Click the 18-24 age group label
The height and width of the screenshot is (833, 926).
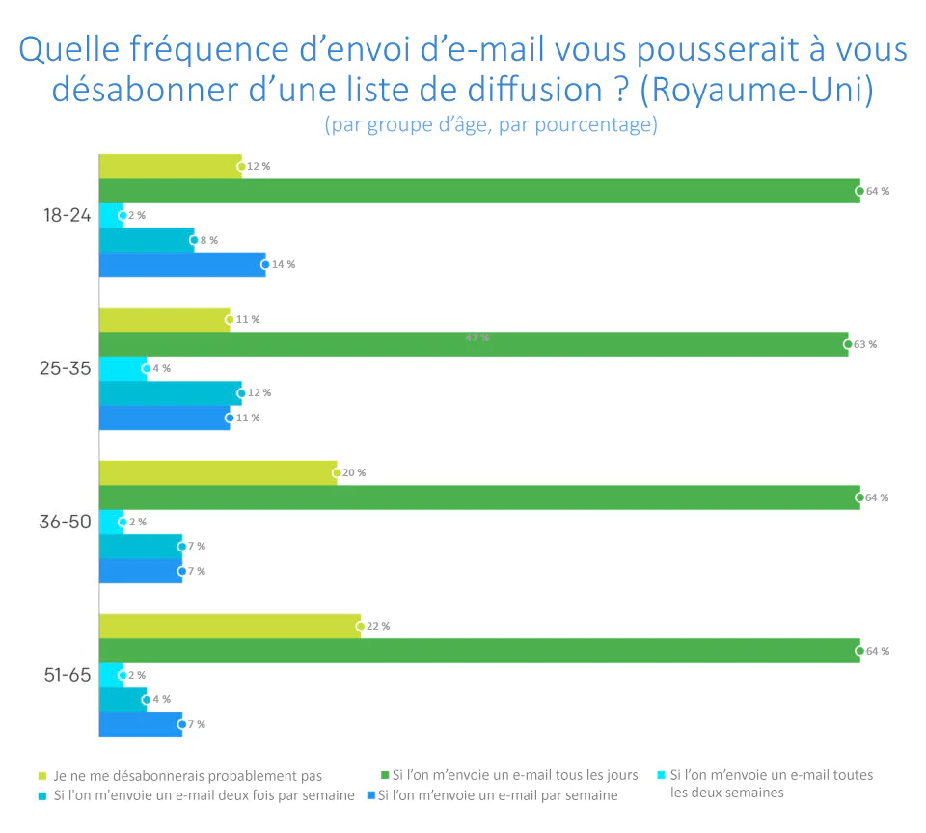(67, 216)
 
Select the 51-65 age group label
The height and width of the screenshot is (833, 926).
(67, 675)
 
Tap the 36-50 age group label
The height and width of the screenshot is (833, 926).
(67, 522)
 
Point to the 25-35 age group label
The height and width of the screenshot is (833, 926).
(67, 369)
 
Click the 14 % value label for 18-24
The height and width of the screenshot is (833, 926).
(284, 264)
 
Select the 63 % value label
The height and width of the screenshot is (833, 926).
(865, 344)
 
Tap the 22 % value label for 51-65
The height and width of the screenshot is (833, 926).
(378, 627)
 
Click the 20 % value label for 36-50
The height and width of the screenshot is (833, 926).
(354, 473)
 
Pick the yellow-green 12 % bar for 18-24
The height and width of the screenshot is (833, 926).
(170, 166)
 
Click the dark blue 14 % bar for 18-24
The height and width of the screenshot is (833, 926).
(181, 264)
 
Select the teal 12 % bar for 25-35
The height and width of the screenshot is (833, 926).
(170, 393)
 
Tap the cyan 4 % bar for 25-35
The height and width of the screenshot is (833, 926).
(123, 368)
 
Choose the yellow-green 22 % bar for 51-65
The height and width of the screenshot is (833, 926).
(230, 627)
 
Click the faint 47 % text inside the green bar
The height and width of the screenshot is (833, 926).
(477, 337)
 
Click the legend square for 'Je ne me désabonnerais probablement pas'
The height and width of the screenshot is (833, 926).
(41, 775)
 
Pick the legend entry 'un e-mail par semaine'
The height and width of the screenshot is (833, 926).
(497, 796)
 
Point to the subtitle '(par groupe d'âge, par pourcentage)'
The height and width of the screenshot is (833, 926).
(491, 125)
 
